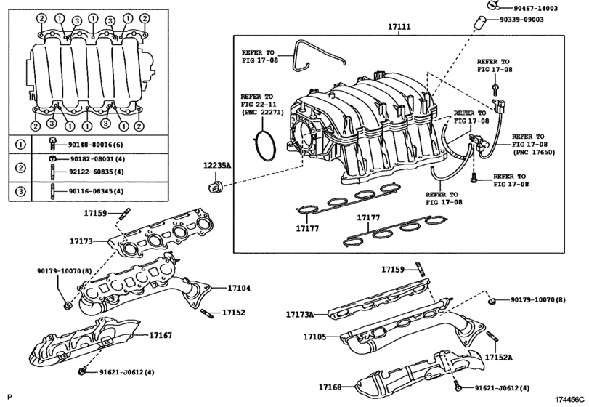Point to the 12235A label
(216, 166)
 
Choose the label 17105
(316, 338)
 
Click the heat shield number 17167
(161, 335)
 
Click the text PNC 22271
(258, 114)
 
